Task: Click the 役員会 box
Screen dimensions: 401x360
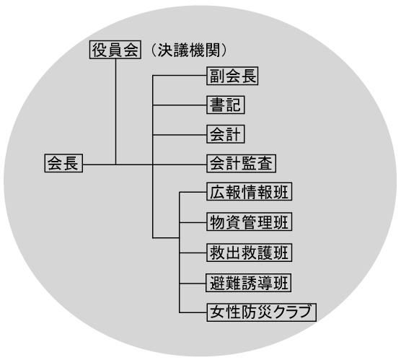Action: coord(115,50)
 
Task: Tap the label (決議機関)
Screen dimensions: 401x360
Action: coord(189,50)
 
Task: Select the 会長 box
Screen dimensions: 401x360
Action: coord(63,163)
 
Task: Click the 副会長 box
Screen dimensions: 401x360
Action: coord(232,76)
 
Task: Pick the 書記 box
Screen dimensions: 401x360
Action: coord(226,105)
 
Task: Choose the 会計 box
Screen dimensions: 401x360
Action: coord(226,134)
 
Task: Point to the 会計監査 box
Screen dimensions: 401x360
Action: coord(241,164)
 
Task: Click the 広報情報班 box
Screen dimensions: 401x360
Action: coord(249,191)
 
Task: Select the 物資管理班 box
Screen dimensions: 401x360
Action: coord(249,221)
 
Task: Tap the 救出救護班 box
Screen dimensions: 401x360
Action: coord(249,253)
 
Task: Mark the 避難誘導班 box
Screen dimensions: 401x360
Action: coord(249,283)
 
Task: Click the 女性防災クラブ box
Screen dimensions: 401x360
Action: coord(261,312)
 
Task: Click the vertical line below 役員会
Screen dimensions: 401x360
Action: coord(115,112)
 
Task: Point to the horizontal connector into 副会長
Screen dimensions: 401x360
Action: coord(180,76)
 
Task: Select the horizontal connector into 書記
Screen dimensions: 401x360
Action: coord(180,105)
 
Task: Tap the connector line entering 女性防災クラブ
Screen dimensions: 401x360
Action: coord(193,312)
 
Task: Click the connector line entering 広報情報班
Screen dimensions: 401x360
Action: coord(193,192)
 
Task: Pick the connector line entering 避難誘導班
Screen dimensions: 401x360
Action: coord(193,284)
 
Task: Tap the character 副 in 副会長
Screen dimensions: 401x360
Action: coord(217,76)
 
